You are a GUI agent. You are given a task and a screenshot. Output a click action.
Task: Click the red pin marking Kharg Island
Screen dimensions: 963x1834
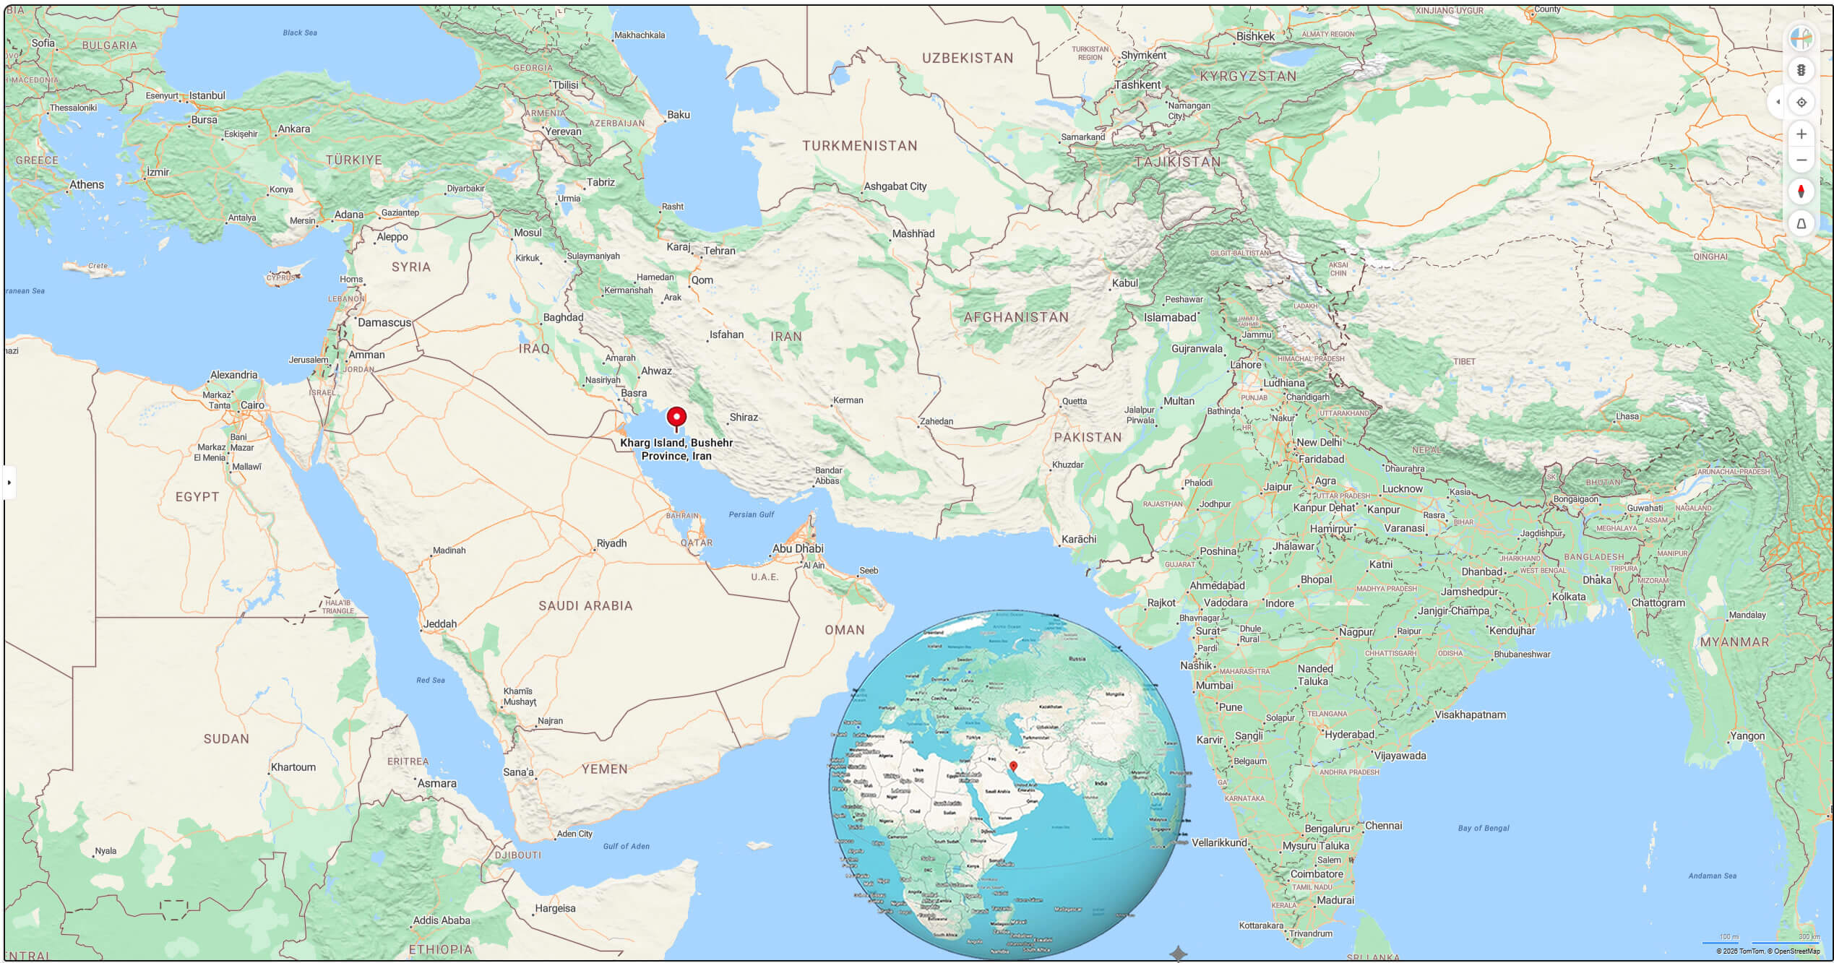coord(676,418)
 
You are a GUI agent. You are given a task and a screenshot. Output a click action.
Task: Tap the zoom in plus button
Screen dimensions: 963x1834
coord(1801,134)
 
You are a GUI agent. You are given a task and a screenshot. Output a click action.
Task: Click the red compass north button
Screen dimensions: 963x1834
coord(1801,191)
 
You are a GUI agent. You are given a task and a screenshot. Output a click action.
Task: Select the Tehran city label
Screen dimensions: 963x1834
coord(719,251)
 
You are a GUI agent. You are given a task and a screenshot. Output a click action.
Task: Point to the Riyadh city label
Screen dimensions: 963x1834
coord(611,543)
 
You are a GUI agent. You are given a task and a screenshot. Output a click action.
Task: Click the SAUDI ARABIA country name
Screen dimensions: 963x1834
coord(585,605)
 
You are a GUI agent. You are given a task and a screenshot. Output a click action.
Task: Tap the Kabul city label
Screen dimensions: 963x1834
coord(1124,283)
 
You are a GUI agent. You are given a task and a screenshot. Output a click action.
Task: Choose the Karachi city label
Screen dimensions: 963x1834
coord(1078,539)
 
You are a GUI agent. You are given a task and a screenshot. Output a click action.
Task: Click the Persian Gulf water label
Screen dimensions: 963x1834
coord(751,514)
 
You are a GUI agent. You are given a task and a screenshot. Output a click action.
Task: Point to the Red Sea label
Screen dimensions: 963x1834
coord(431,680)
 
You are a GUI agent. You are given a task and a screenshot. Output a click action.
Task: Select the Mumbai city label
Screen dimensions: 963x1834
coord(1214,685)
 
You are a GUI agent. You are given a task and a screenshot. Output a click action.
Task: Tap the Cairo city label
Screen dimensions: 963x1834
coord(252,405)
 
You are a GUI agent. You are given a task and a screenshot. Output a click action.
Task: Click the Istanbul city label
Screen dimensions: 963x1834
coord(207,95)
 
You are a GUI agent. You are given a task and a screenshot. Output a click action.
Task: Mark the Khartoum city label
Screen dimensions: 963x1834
coord(293,767)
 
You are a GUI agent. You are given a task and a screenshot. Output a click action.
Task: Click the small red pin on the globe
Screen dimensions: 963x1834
coord(1013,766)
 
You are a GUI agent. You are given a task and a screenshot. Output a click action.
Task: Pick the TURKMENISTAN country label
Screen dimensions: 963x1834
coord(859,145)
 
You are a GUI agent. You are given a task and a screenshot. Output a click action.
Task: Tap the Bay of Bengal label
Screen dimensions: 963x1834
coord(1483,828)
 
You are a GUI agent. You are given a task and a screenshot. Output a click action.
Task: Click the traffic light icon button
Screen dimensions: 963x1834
coord(1801,70)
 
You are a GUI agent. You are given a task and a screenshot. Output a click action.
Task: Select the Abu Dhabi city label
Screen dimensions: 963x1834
coord(798,548)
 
